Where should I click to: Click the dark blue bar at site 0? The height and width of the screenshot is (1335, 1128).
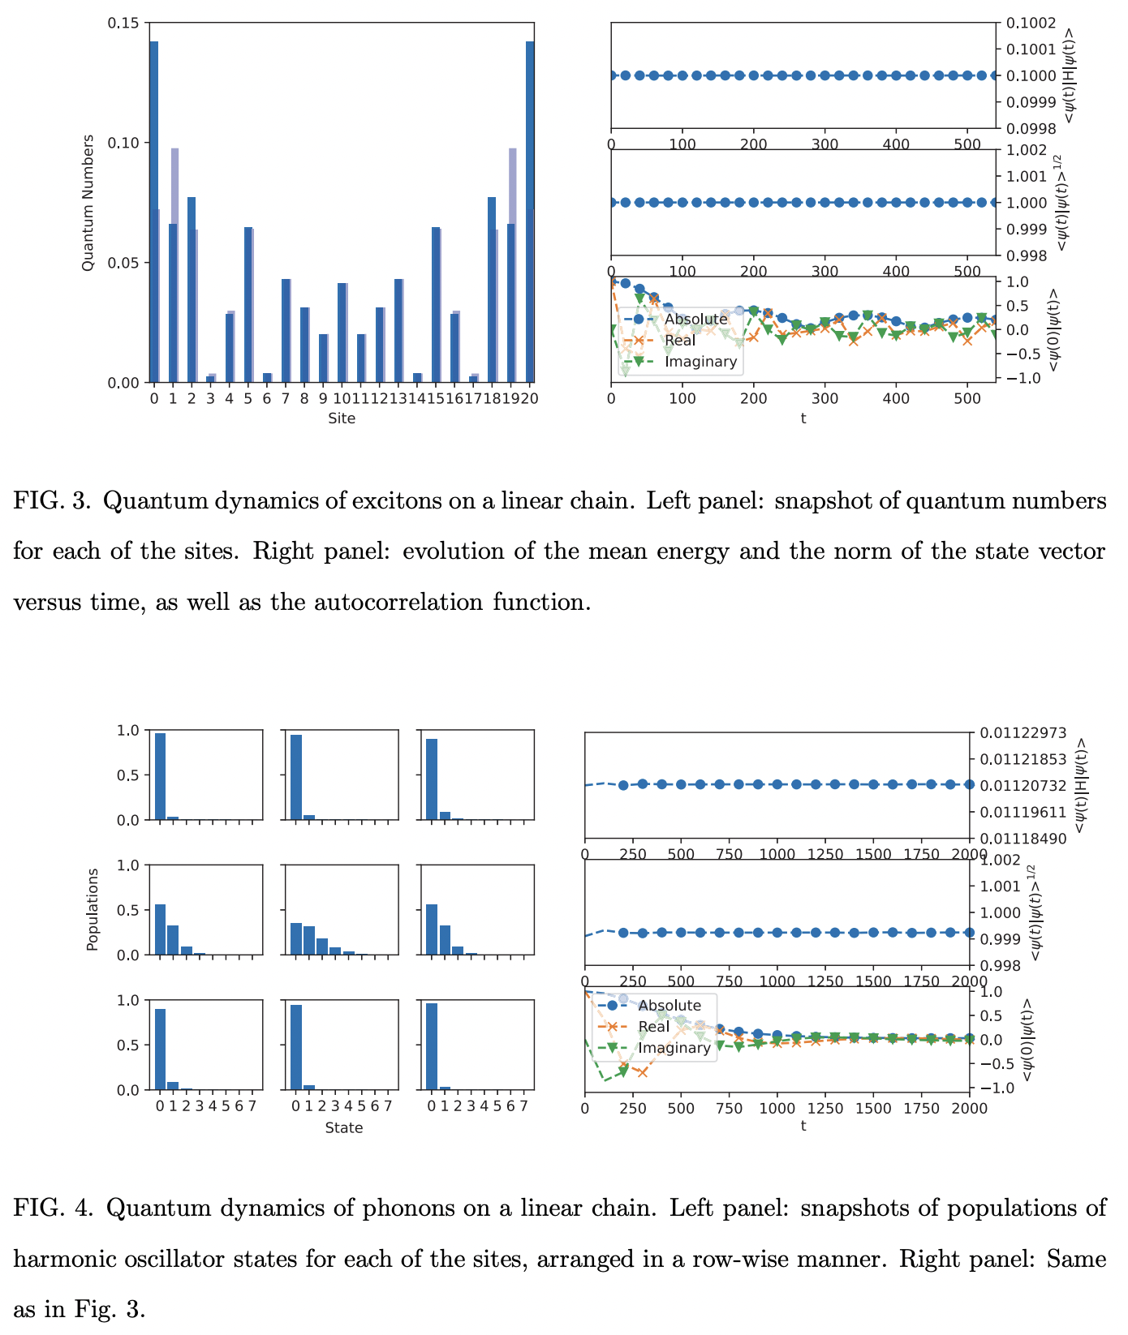click(x=153, y=211)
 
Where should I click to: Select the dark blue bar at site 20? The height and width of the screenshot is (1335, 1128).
click(x=530, y=211)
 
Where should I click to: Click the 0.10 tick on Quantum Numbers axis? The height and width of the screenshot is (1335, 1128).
click(x=124, y=143)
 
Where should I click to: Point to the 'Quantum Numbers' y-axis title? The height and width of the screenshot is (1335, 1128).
click(x=88, y=203)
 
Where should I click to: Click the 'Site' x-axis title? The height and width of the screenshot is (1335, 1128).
click(x=342, y=419)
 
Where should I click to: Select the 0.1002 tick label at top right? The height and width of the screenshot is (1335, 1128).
click(x=1030, y=24)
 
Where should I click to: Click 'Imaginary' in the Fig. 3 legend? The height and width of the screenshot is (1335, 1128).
click(x=700, y=362)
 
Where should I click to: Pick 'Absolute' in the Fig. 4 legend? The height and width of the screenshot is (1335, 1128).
click(x=669, y=1006)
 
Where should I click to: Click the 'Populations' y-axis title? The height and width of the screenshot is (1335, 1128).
click(x=93, y=909)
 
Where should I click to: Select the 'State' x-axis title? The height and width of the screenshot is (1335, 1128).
click(x=343, y=1127)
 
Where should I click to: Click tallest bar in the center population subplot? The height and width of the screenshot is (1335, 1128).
click(x=296, y=938)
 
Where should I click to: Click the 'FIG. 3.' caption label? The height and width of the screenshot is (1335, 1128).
click(x=53, y=501)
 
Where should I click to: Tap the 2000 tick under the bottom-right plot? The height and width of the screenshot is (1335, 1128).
click(x=970, y=1108)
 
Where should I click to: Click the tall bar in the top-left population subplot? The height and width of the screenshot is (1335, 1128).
click(x=160, y=775)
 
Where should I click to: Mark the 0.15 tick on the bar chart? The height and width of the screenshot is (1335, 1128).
click(x=124, y=24)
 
